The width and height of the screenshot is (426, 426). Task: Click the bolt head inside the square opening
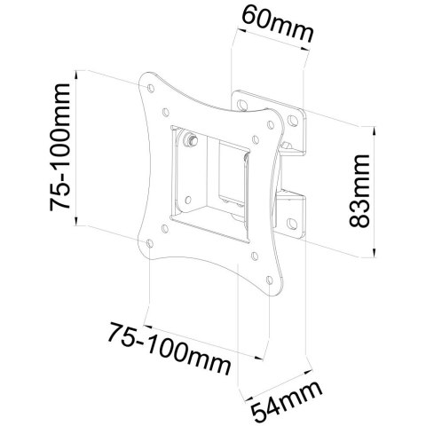coord(190,140)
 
